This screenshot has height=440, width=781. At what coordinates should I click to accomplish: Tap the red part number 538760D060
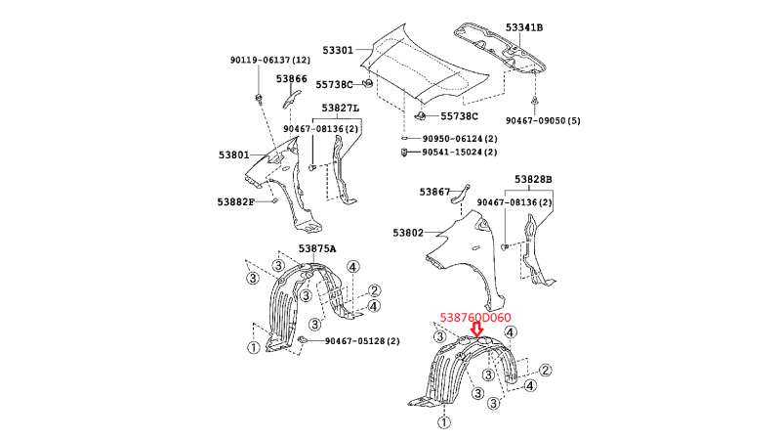pos(475,317)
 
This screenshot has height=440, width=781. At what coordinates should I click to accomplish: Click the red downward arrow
pos(476,331)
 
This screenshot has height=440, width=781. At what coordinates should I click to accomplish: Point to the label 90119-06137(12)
pos(270,61)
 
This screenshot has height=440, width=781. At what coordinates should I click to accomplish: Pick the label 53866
pos(291,78)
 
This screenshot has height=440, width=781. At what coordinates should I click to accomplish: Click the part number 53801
pos(234,154)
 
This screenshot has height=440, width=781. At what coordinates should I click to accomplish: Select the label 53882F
pos(235,201)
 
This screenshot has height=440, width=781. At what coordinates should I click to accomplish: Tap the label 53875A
pos(317,248)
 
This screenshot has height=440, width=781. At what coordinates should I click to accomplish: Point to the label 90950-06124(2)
pos(459,138)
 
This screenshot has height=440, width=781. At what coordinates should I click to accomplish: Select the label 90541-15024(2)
pos(459,152)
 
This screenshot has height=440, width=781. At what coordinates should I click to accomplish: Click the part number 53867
pos(435,192)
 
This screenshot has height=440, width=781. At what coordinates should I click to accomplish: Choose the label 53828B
pos(534,181)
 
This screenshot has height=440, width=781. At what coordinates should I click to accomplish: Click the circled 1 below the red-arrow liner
pos(444,422)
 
